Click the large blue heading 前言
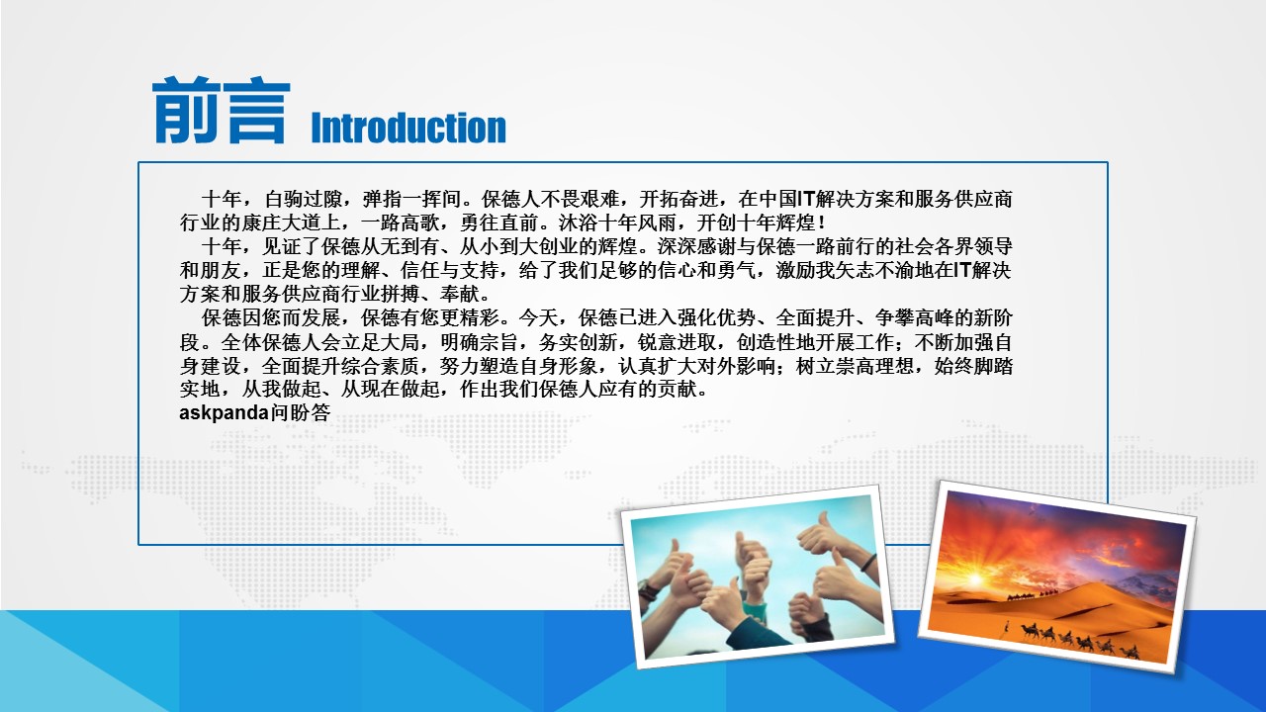point(221,110)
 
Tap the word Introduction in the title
point(408,128)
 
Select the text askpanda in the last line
point(225,413)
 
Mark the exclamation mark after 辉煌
point(821,222)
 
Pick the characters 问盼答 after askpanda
point(300,413)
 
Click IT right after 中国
point(806,199)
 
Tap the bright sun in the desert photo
point(973,579)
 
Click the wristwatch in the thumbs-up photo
point(649,590)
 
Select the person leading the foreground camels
point(1007,628)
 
